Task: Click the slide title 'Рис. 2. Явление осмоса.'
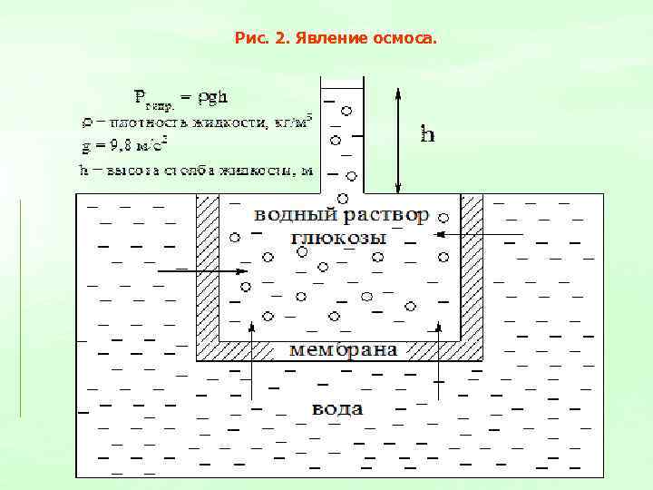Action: pyautogui.click(x=335, y=39)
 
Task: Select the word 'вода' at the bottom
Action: pyautogui.click(x=337, y=408)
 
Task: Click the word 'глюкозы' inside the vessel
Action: pyautogui.click(x=338, y=238)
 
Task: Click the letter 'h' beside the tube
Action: pyautogui.click(x=428, y=134)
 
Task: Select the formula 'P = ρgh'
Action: pyautogui.click(x=180, y=97)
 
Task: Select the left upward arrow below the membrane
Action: pyautogui.click(x=250, y=358)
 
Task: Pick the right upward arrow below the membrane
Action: pyautogui.click(x=439, y=358)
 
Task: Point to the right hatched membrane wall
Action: pyautogui.click(x=472, y=272)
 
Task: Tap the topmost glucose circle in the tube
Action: pyautogui.click(x=346, y=111)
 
